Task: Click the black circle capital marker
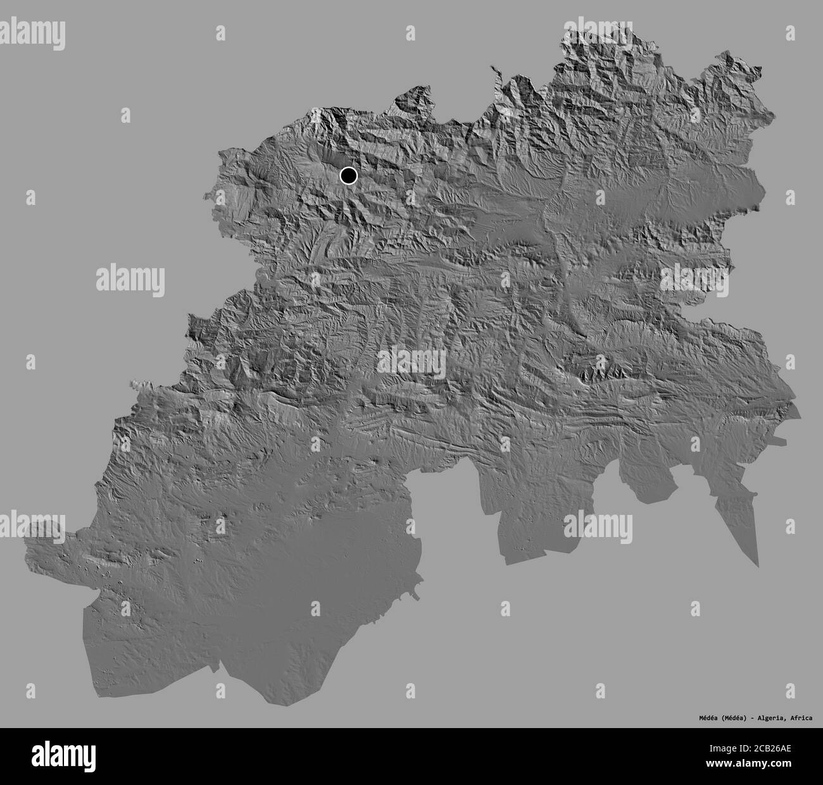(x=348, y=175)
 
